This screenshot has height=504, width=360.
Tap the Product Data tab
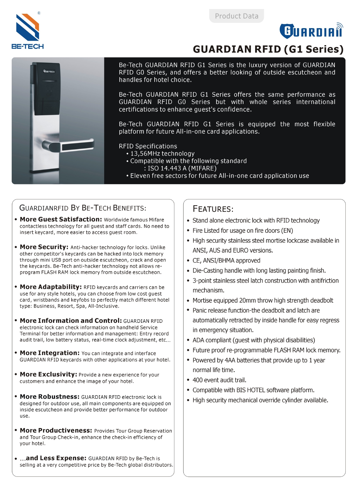236,16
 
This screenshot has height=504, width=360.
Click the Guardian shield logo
311,31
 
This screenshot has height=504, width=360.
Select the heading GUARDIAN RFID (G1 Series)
268,49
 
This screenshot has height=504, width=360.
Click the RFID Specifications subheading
148,146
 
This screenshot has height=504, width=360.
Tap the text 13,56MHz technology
162,154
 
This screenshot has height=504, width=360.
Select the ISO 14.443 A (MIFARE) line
180,168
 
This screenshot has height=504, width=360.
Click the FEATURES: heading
213,209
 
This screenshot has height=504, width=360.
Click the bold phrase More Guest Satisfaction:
61,220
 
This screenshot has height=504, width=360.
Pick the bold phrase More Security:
44,247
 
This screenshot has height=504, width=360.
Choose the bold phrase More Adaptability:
51,287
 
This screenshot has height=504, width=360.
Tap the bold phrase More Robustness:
50,397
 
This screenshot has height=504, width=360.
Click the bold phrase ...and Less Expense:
53,458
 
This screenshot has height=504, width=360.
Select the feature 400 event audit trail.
219,380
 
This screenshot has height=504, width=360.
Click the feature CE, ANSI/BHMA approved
226,261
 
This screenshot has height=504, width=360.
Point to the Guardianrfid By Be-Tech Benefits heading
83,208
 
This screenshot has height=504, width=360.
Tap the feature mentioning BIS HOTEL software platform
253,390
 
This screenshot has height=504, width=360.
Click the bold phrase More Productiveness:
56,430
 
